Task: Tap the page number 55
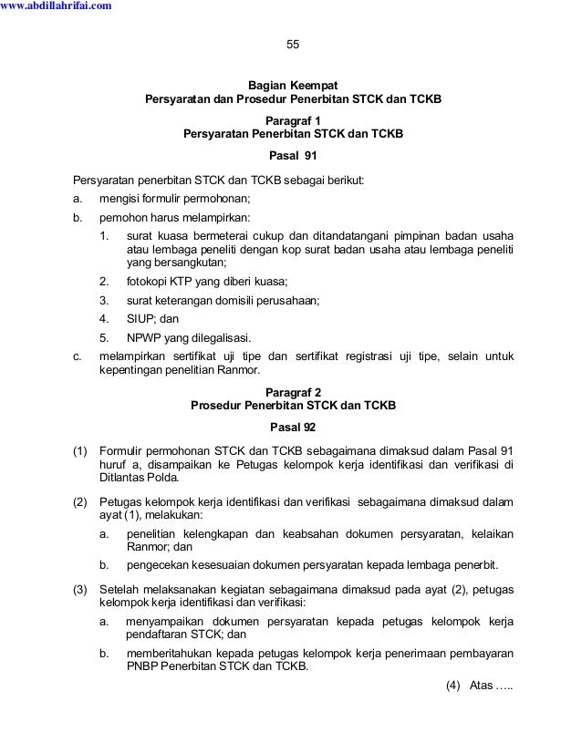click(x=293, y=45)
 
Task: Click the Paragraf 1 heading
click(x=293, y=119)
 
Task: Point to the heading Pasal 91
click(x=293, y=154)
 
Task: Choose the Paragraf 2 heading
click(x=293, y=391)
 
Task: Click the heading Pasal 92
click(x=293, y=427)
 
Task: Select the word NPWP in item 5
click(x=144, y=336)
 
